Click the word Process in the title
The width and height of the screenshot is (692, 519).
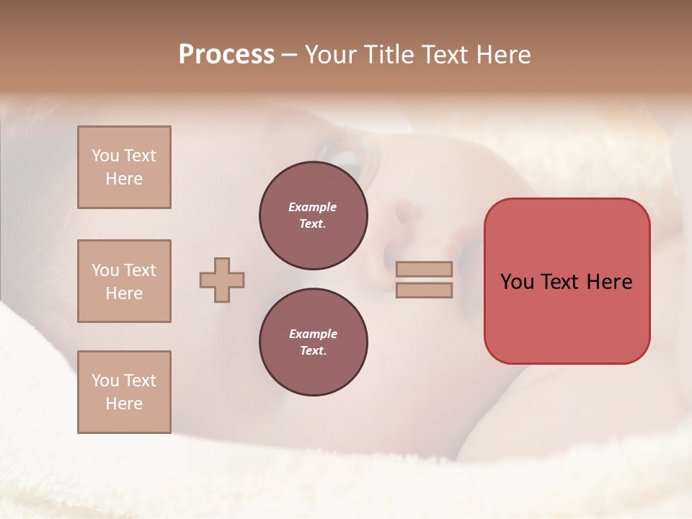coord(226,55)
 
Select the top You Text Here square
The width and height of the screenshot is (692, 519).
coord(124,167)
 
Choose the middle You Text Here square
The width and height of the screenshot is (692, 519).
coord(124,281)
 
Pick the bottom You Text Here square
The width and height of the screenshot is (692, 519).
coord(124,392)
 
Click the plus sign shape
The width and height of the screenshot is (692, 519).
coord(222,280)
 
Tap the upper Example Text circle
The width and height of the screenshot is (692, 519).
coord(314,216)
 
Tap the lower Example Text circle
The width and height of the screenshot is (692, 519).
coord(314,342)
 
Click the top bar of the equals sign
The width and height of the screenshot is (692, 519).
coord(425,269)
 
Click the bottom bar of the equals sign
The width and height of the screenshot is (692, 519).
coord(425,290)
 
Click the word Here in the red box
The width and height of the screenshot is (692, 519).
coord(609,282)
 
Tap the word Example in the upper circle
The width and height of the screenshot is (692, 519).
coord(313,207)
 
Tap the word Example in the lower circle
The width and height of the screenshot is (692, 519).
coord(313,334)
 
